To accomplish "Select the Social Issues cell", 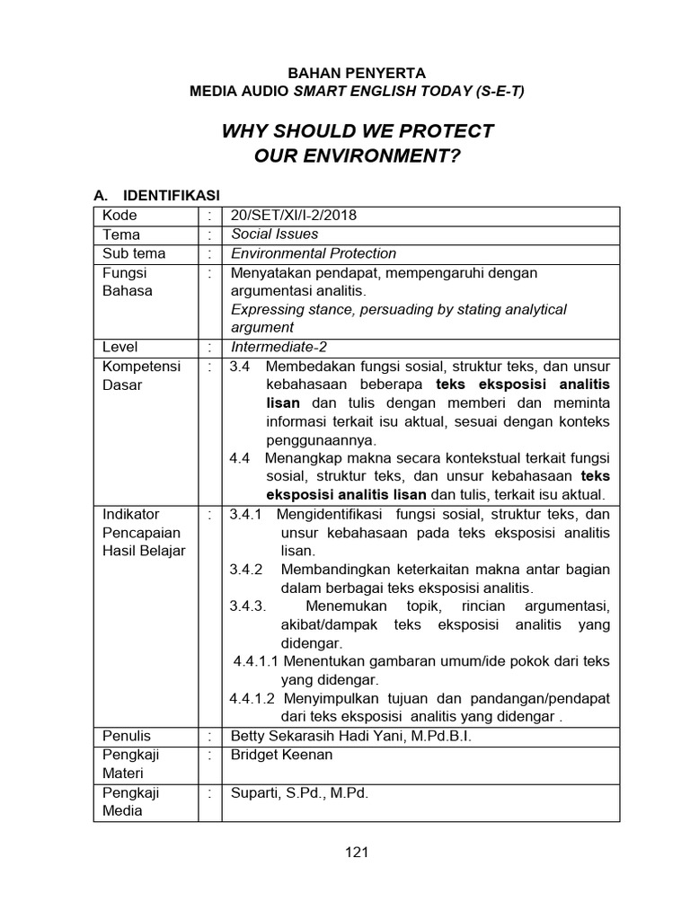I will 275,234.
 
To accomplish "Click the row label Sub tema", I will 134,253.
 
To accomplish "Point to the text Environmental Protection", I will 314,253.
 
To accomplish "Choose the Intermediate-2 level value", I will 279,346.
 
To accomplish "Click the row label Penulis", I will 127,736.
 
